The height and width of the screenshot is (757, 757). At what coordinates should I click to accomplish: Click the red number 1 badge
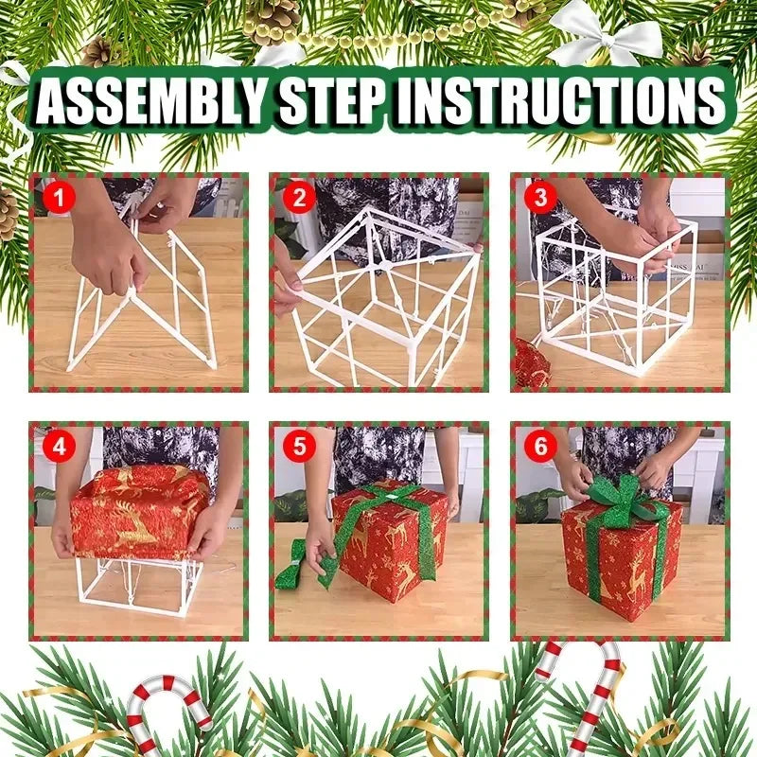click(59, 198)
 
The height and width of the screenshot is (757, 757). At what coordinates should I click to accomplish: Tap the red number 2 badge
click(300, 198)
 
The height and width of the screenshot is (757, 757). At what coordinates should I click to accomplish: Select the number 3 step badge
click(540, 198)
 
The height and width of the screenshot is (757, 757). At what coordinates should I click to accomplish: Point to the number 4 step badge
click(59, 446)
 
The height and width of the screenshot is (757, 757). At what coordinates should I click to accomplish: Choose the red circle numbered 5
click(300, 446)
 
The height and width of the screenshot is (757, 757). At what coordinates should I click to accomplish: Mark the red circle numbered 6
click(540, 446)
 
